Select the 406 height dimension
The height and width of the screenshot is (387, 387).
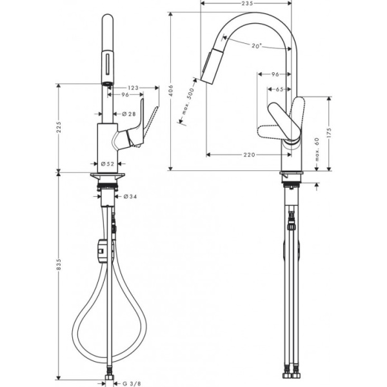tap(171, 92)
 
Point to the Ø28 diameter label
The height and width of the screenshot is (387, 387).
tap(129, 114)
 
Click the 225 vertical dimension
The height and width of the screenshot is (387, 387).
tap(59, 128)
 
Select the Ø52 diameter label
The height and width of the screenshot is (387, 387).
tap(108, 164)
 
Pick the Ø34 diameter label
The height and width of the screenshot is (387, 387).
tap(130, 196)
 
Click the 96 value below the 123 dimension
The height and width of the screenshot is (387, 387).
tap(126, 95)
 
